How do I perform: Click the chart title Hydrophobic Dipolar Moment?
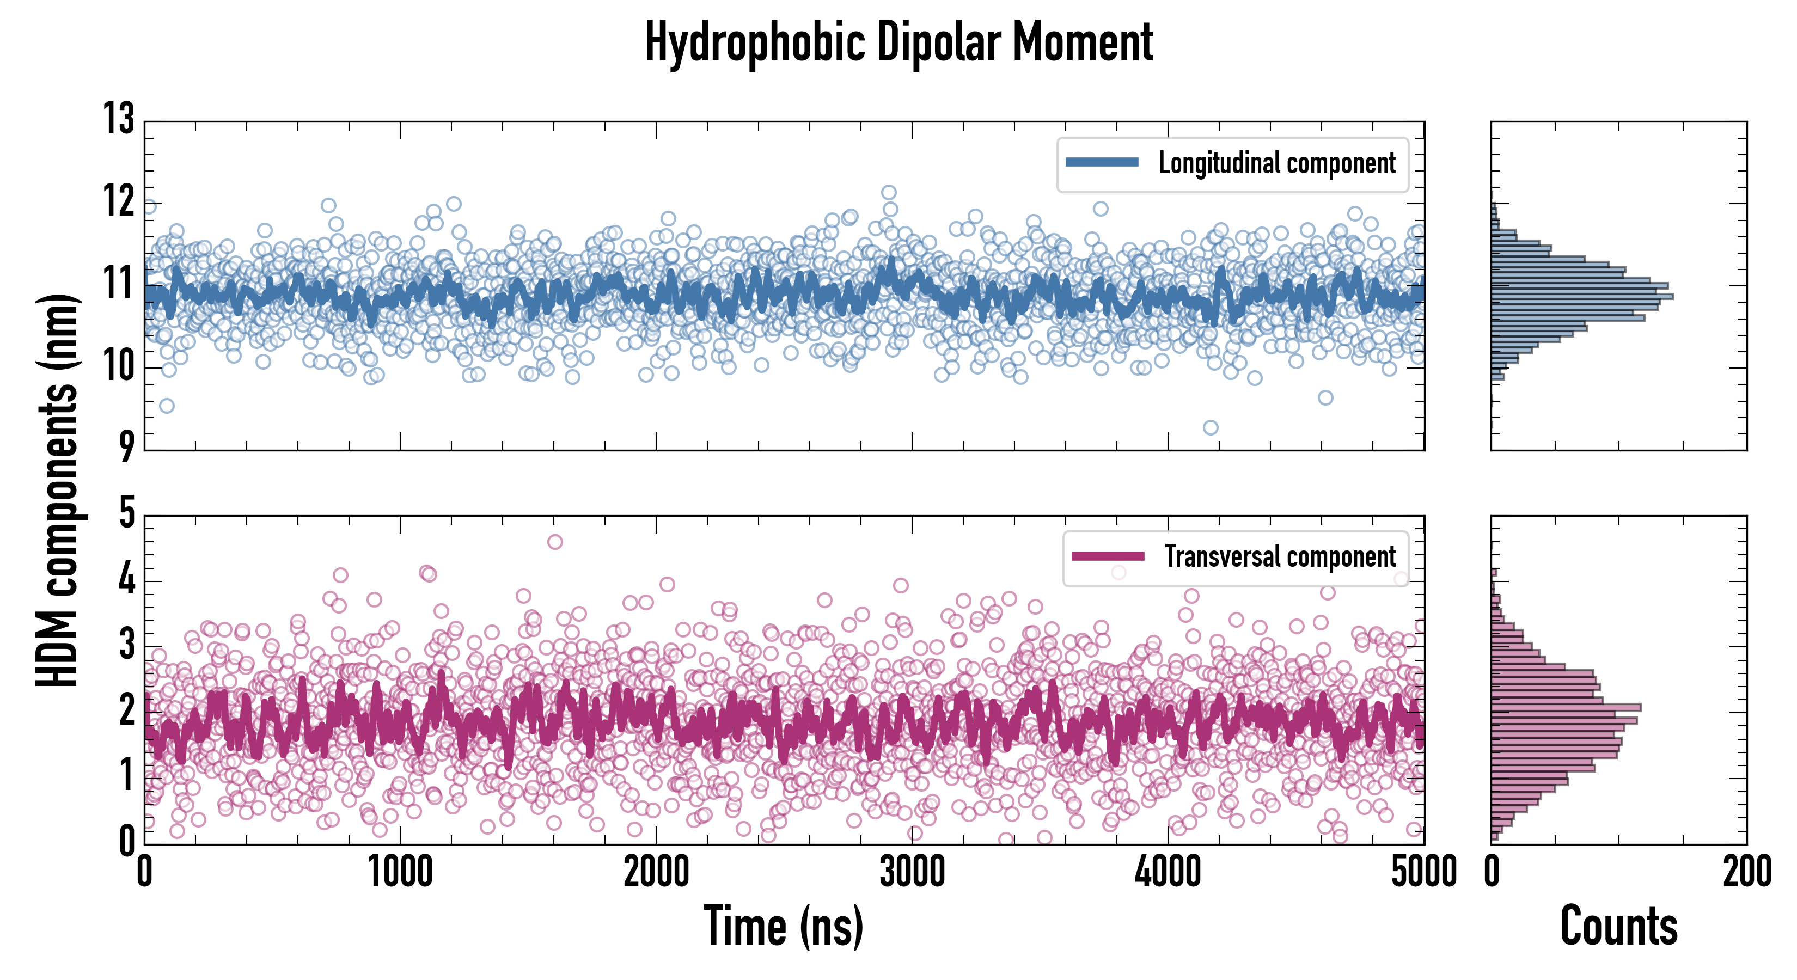click(x=898, y=42)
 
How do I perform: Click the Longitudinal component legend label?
click(x=1276, y=163)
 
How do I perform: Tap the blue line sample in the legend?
click(x=1102, y=163)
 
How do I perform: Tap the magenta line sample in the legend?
click(x=1108, y=556)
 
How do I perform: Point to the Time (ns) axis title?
click(x=784, y=926)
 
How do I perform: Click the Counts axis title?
click(x=1618, y=926)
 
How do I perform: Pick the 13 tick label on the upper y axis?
click(x=119, y=119)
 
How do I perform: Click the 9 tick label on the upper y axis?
click(x=126, y=446)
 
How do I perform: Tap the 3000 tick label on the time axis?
click(x=912, y=872)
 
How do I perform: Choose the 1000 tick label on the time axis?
click(x=400, y=872)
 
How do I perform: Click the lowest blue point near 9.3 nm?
click(x=1211, y=427)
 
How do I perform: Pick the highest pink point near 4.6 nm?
click(x=554, y=542)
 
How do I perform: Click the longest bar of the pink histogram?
click(x=1566, y=707)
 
